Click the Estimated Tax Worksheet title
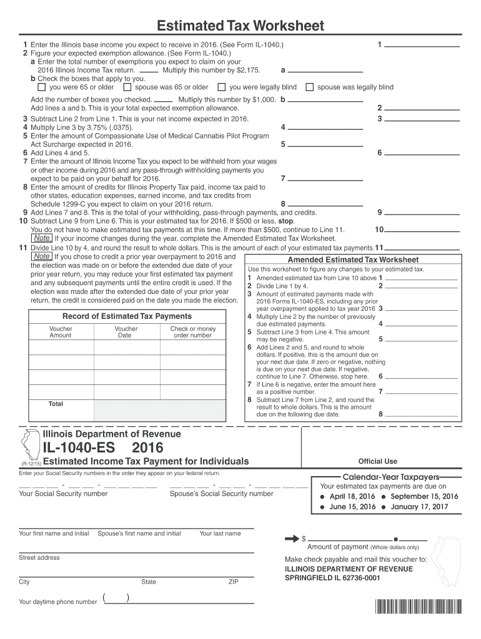pos(241,26)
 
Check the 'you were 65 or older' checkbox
pos(42,87)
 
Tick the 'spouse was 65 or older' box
pos(128,87)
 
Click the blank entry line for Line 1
pos(423,46)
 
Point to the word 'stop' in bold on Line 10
pos(285,221)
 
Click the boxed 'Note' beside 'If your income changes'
pos(42,238)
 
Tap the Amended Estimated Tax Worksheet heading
pos(353,260)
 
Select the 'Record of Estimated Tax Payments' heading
pos(127,316)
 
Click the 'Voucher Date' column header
pos(126,332)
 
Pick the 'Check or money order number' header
pos(192,332)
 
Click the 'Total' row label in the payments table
pos(56,404)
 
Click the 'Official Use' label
pos(377,462)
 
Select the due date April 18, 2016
pos(352,496)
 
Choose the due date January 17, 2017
pos(419,507)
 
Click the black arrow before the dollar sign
pos(292,537)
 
